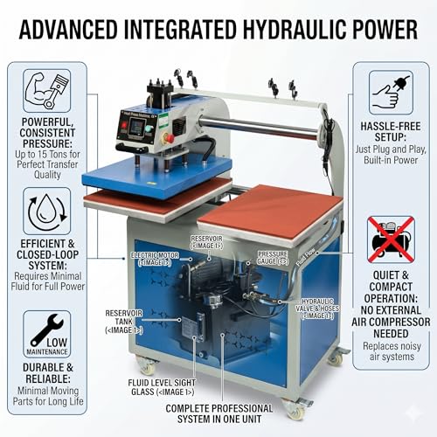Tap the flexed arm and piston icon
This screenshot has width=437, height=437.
click(47, 91)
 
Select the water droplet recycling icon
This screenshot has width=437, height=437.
click(47, 212)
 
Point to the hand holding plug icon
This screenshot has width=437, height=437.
click(391, 92)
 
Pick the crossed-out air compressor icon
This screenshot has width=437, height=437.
click(391, 239)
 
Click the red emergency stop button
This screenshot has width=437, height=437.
click(169, 137)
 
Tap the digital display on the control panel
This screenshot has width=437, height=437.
click(136, 127)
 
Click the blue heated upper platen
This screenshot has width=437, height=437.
click(157, 176)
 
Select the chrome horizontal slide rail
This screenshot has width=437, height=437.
click(258, 128)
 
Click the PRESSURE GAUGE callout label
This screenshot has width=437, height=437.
click(273, 258)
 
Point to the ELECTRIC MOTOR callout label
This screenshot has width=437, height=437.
click(155, 259)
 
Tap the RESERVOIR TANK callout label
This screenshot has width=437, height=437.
click(124, 322)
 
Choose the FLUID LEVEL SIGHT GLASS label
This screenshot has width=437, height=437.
click(162, 387)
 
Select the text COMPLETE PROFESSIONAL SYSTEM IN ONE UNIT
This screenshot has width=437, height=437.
click(219, 413)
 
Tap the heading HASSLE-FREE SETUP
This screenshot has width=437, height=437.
click(391, 131)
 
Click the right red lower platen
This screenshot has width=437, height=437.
click(270, 212)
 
